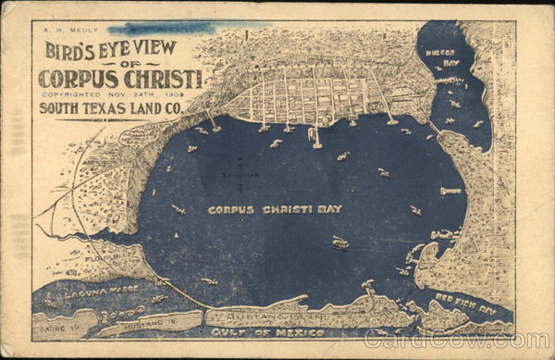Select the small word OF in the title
(x=120, y=64)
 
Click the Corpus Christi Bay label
(x=275, y=210)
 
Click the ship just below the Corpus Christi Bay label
(x=340, y=242)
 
